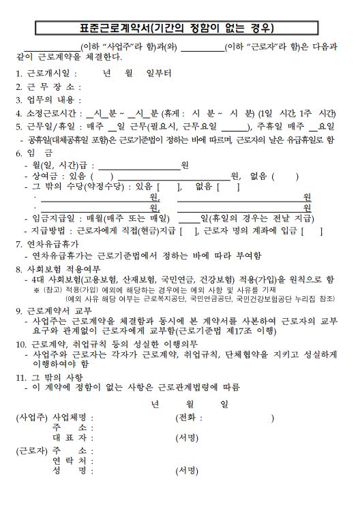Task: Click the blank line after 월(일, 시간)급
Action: click(139, 166)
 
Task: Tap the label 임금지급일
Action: click(53, 219)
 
